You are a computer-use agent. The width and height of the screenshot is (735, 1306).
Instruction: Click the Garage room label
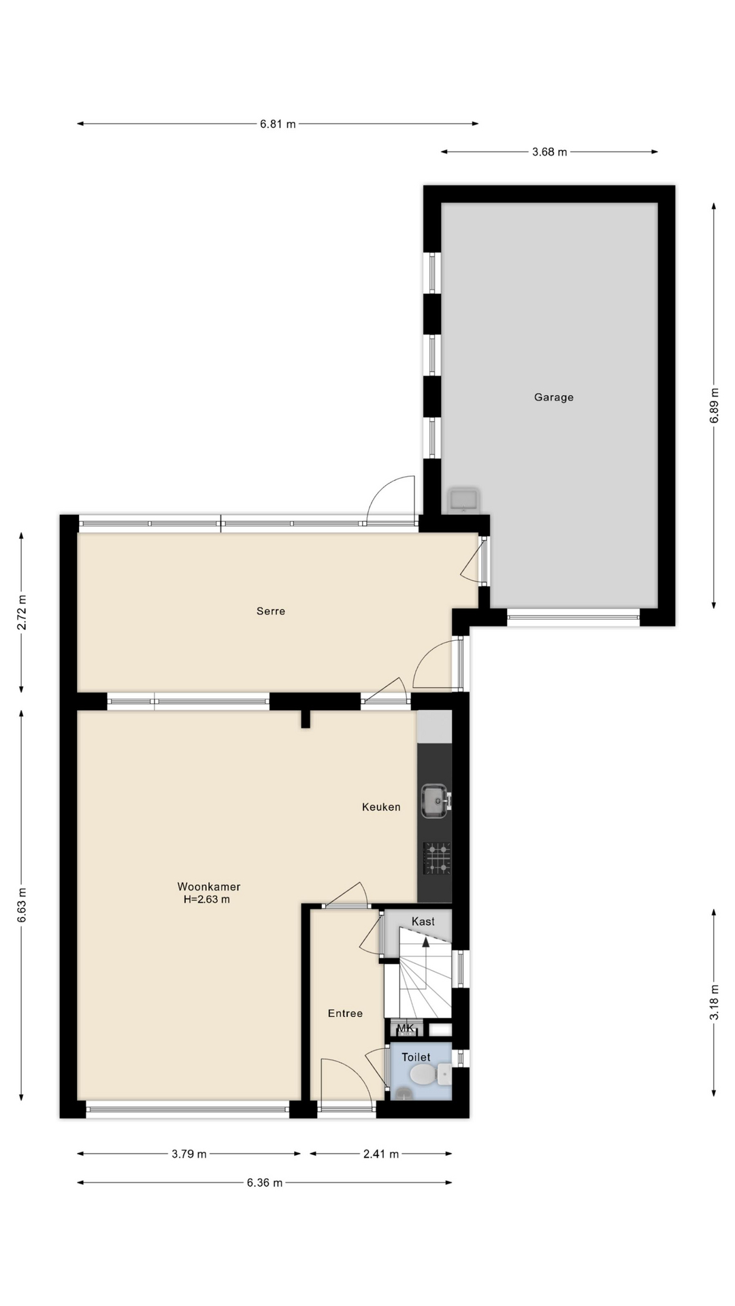[553, 397]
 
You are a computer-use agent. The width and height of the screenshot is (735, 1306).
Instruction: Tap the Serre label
[271, 611]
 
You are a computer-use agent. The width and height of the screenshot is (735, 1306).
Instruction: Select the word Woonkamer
[209, 886]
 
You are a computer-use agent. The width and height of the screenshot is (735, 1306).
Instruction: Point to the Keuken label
[381, 807]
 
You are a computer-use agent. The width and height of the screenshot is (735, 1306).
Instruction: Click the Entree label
[345, 1013]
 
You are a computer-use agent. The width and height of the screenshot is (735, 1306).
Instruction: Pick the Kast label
[423, 921]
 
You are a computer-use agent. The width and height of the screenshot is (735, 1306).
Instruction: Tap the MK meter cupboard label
[406, 1028]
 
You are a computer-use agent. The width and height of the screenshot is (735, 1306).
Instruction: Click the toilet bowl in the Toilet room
[423, 1075]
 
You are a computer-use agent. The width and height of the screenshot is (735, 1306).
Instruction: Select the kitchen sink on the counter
[435, 801]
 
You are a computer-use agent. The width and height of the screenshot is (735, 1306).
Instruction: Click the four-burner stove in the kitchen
[437, 858]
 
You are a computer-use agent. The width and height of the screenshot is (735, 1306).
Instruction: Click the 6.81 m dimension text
[278, 124]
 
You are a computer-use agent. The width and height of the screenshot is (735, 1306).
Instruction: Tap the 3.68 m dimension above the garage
[549, 152]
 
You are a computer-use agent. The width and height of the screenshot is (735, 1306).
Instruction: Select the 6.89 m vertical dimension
[714, 405]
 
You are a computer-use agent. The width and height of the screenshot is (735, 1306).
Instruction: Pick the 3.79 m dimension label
[189, 1154]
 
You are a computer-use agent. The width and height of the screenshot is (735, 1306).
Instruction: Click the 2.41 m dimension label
[381, 1154]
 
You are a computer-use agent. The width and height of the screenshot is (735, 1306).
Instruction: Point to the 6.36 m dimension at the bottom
[265, 1182]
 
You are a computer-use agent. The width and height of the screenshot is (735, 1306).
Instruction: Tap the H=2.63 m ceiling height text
[207, 899]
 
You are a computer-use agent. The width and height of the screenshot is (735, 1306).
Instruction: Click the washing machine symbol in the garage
[463, 501]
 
